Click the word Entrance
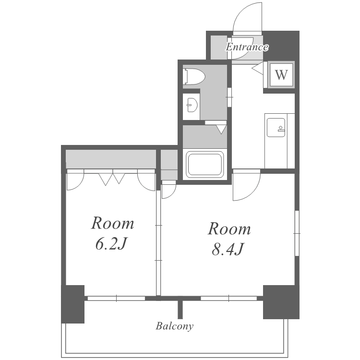tap(247, 47)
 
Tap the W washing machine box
tap(281, 74)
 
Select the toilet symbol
tap(194, 76)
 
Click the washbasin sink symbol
tap(192, 105)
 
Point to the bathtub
tap(205, 164)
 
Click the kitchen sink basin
tap(276, 127)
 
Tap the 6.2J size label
tap(111, 244)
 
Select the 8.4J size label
tap(228, 249)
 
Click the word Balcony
tap(175, 326)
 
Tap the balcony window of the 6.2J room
tap(117, 299)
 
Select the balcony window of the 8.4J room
tap(228, 299)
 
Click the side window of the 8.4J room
tap(297, 233)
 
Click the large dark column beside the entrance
tap(281, 46)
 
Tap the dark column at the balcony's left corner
tap(73, 304)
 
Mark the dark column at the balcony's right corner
tap(281, 302)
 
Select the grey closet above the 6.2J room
tap(111, 159)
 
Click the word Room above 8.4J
tap(229, 228)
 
